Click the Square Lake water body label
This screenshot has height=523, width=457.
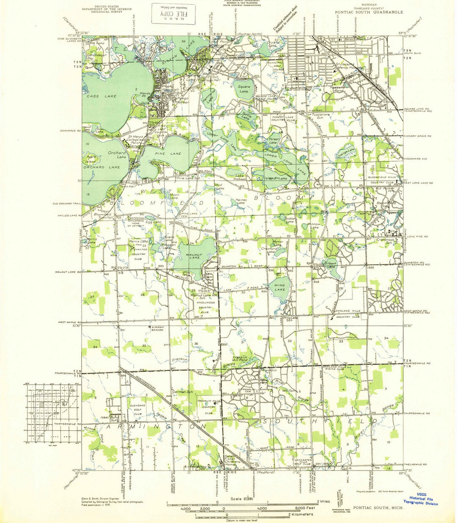point(244,89)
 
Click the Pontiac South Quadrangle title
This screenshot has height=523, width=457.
point(369,13)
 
